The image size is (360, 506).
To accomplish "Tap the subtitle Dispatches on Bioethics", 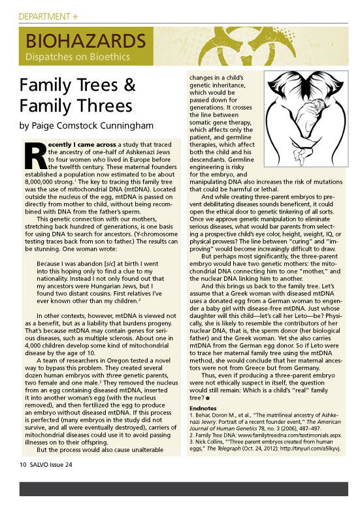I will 77,57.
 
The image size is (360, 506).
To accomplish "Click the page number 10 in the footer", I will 22,466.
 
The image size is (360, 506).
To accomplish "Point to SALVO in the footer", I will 41,466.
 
